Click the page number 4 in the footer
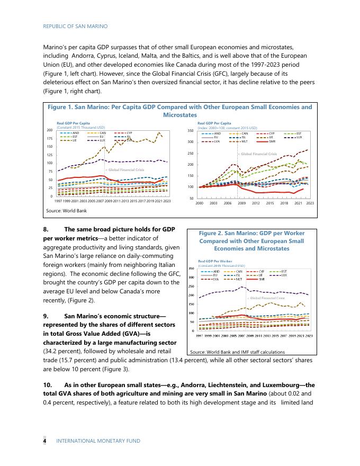point(44,440)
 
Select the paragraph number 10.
point(47,385)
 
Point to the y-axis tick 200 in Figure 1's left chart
point(50,130)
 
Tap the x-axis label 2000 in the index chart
point(200,203)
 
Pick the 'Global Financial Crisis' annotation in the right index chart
point(259,154)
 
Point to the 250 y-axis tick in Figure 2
point(191,286)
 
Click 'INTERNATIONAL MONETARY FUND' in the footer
point(98,440)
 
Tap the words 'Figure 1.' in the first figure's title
point(62,107)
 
